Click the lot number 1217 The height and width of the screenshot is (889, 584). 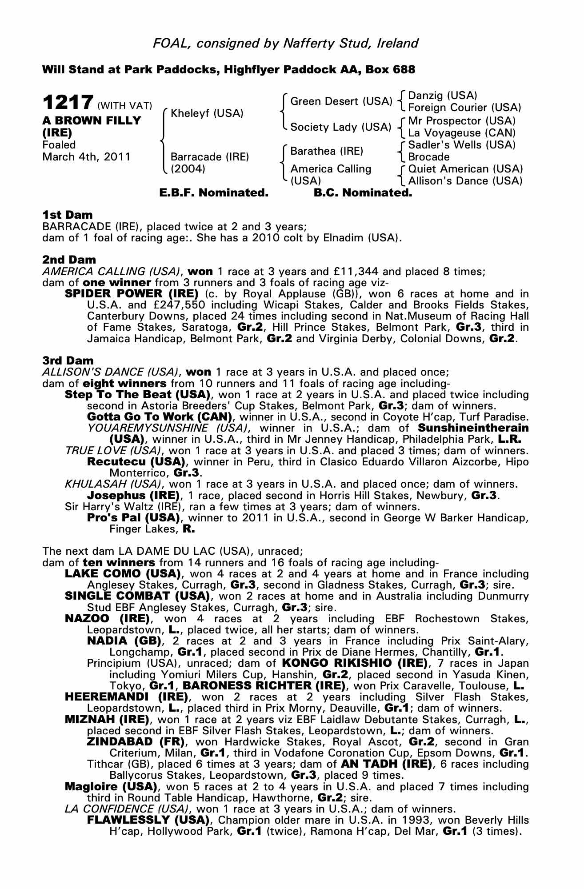(68, 102)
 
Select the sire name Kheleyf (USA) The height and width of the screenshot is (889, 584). (207, 113)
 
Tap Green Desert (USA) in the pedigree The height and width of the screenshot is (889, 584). (340, 101)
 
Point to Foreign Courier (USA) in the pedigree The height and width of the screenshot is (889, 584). (464, 108)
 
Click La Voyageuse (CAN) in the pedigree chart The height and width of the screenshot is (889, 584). (462, 133)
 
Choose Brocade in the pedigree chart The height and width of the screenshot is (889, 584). (428, 157)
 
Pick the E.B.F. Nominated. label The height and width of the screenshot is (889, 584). (214, 193)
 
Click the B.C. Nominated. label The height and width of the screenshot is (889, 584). (363, 193)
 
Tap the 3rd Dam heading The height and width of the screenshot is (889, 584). (68, 361)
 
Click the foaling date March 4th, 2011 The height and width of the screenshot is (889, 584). (86, 157)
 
